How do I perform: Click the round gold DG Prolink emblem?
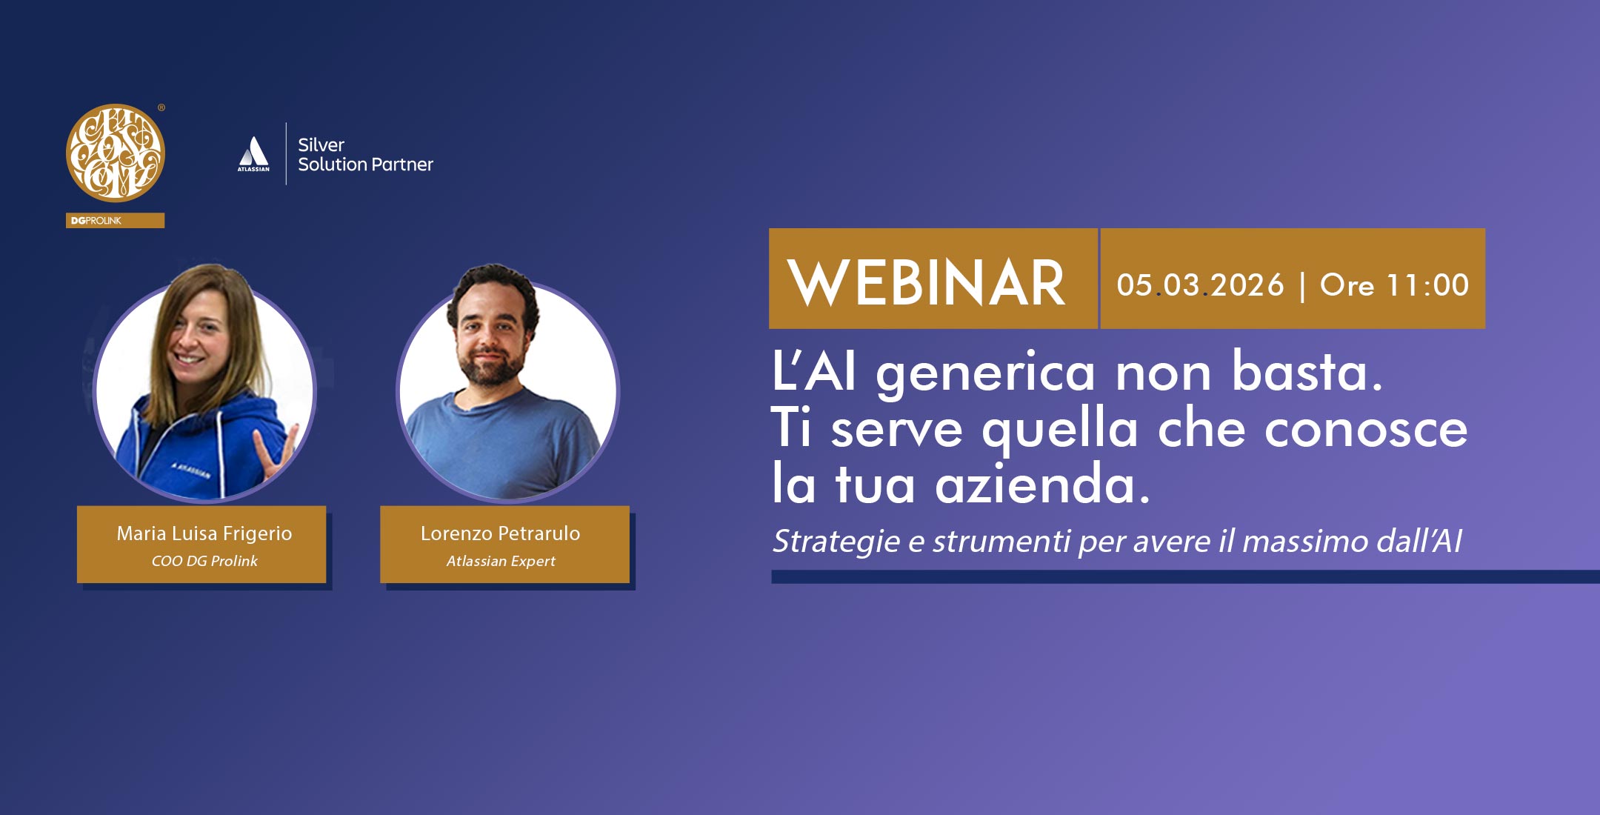tap(116, 153)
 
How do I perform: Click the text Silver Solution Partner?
tap(365, 155)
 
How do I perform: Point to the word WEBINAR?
tap(927, 283)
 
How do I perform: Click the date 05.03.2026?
tap(1200, 285)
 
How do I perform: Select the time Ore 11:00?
tap(1394, 285)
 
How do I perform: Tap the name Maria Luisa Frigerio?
tap(204, 533)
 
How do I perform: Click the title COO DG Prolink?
tap(204, 561)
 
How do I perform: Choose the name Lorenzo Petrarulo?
tap(501, 533)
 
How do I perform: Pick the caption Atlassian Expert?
tap(501, 561)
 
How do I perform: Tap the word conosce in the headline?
tap(1366, 429)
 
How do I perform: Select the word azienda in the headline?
tap(1043, 484)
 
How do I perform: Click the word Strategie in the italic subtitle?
tap(837, 542)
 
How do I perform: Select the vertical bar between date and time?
tap(1302, 287)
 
